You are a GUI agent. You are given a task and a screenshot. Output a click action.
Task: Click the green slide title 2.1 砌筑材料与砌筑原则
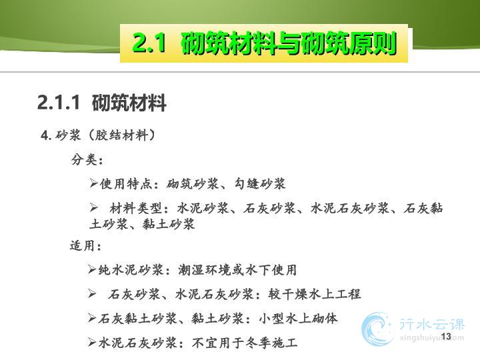pos(265,43)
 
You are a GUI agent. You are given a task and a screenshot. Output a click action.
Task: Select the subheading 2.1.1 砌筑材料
pos(102,102)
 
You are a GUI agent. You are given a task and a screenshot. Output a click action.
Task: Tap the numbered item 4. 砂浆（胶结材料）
pos(98,135)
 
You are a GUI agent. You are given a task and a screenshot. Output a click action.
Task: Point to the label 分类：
pos(87,159)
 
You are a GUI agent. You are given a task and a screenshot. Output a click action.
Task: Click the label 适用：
pos(86,245)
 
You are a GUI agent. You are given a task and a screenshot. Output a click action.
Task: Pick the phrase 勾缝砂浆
pos(260,184)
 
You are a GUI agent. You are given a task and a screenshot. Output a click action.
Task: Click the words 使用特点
pos(125,184)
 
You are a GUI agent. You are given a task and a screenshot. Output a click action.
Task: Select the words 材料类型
pos(135,209)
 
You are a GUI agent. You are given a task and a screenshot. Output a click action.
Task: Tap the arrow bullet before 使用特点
pos(93,183)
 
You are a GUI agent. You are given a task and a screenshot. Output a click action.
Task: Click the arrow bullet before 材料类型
pos(93,208)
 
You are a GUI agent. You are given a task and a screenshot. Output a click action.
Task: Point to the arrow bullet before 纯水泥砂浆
pos(92,269)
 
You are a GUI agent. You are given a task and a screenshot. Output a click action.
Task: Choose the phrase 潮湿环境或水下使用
pos(237,270)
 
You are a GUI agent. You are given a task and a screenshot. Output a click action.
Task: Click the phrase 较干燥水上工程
pos(315,294)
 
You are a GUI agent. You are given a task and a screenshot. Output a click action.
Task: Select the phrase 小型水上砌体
pos(298,319)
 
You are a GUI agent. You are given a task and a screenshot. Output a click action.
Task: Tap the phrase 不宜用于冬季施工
pos(245,343)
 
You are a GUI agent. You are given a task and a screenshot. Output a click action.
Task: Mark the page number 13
pos(446,337)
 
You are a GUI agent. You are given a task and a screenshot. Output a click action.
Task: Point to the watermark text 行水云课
pos(432,324)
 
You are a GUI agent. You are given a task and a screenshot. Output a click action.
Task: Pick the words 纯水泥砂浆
pos(131,270)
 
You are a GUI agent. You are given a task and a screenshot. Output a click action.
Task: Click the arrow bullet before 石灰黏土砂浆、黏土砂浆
pos(92,318)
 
